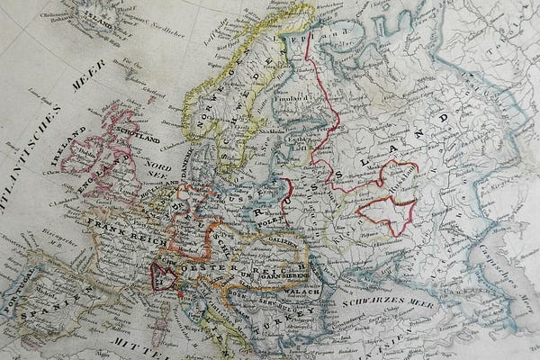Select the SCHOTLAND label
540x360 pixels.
point(134,140)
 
